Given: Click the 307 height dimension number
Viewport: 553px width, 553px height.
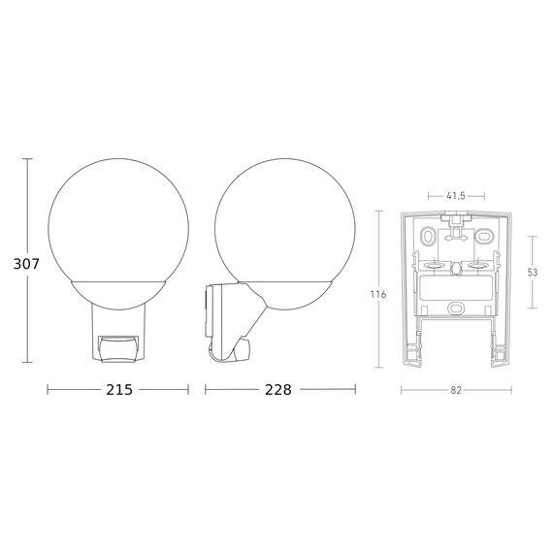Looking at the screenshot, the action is click(26, 264).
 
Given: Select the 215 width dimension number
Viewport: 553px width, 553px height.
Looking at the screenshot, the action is click(119, 390).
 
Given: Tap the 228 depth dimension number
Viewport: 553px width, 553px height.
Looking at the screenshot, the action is click(278, 390).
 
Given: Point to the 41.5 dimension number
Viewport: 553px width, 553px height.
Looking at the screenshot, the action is click(456, 196).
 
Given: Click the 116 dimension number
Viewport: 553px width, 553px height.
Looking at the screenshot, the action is click(378, 294).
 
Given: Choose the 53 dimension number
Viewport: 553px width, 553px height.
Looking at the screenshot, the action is click(533, 273).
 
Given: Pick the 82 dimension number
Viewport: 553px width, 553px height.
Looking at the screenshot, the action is click(456, 390).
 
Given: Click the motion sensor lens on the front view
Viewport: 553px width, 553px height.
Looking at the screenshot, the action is click(118, 349).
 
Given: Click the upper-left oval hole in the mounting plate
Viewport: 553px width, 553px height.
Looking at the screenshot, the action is click(428, 236).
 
